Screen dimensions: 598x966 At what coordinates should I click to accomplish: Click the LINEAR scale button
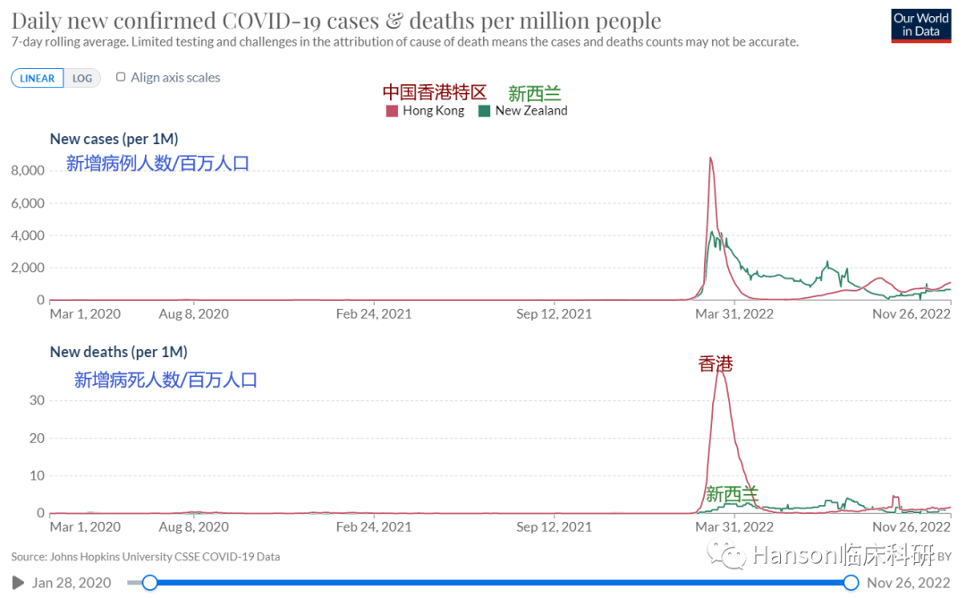pos(38,78)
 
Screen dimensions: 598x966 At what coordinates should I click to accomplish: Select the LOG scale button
pos(82,78)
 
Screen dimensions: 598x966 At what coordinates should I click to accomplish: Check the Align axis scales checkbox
pos(122,78)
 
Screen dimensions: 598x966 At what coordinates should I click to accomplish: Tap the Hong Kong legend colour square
pos(392,111)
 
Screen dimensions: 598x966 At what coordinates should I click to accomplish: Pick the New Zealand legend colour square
pos(484,111)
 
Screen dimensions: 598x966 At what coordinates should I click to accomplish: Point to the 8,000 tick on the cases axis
pos(27,170)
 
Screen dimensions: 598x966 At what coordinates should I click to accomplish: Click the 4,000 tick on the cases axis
pos(27,235)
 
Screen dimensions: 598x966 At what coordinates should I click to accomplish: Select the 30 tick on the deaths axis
pos(36,399)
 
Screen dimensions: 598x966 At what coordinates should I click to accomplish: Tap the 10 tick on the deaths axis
pos(36,475)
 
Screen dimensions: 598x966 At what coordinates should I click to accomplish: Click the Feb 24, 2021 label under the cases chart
pos(374,314)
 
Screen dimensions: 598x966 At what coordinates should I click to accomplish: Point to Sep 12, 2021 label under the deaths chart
pos(555,527)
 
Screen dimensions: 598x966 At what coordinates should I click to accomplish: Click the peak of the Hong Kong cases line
pos(710,158)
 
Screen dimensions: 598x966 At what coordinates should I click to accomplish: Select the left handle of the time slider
pos(150,583)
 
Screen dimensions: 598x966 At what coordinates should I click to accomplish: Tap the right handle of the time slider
pos(851,583)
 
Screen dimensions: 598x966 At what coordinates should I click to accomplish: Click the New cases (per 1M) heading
pos(114,139)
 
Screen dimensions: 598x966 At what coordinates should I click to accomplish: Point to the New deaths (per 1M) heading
pos(118,352)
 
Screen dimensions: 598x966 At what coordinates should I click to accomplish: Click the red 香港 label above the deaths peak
pos(716,363)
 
